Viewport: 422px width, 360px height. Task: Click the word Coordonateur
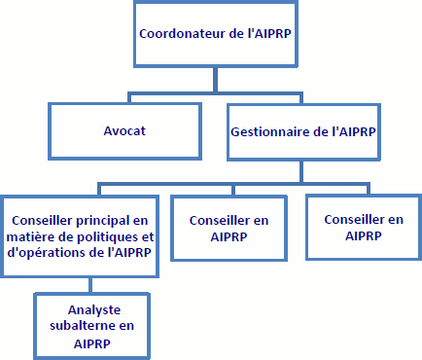tap(180, 31)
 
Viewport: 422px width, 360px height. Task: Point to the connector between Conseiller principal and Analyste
tap(89, 285)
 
